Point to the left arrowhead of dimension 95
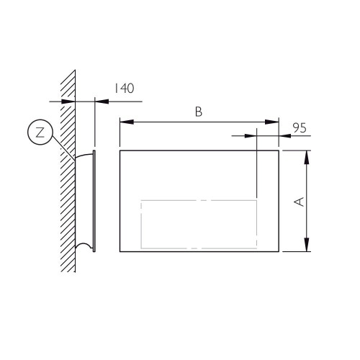[251, 134]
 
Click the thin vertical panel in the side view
[94, 202]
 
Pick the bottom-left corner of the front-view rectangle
[120, 251]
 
